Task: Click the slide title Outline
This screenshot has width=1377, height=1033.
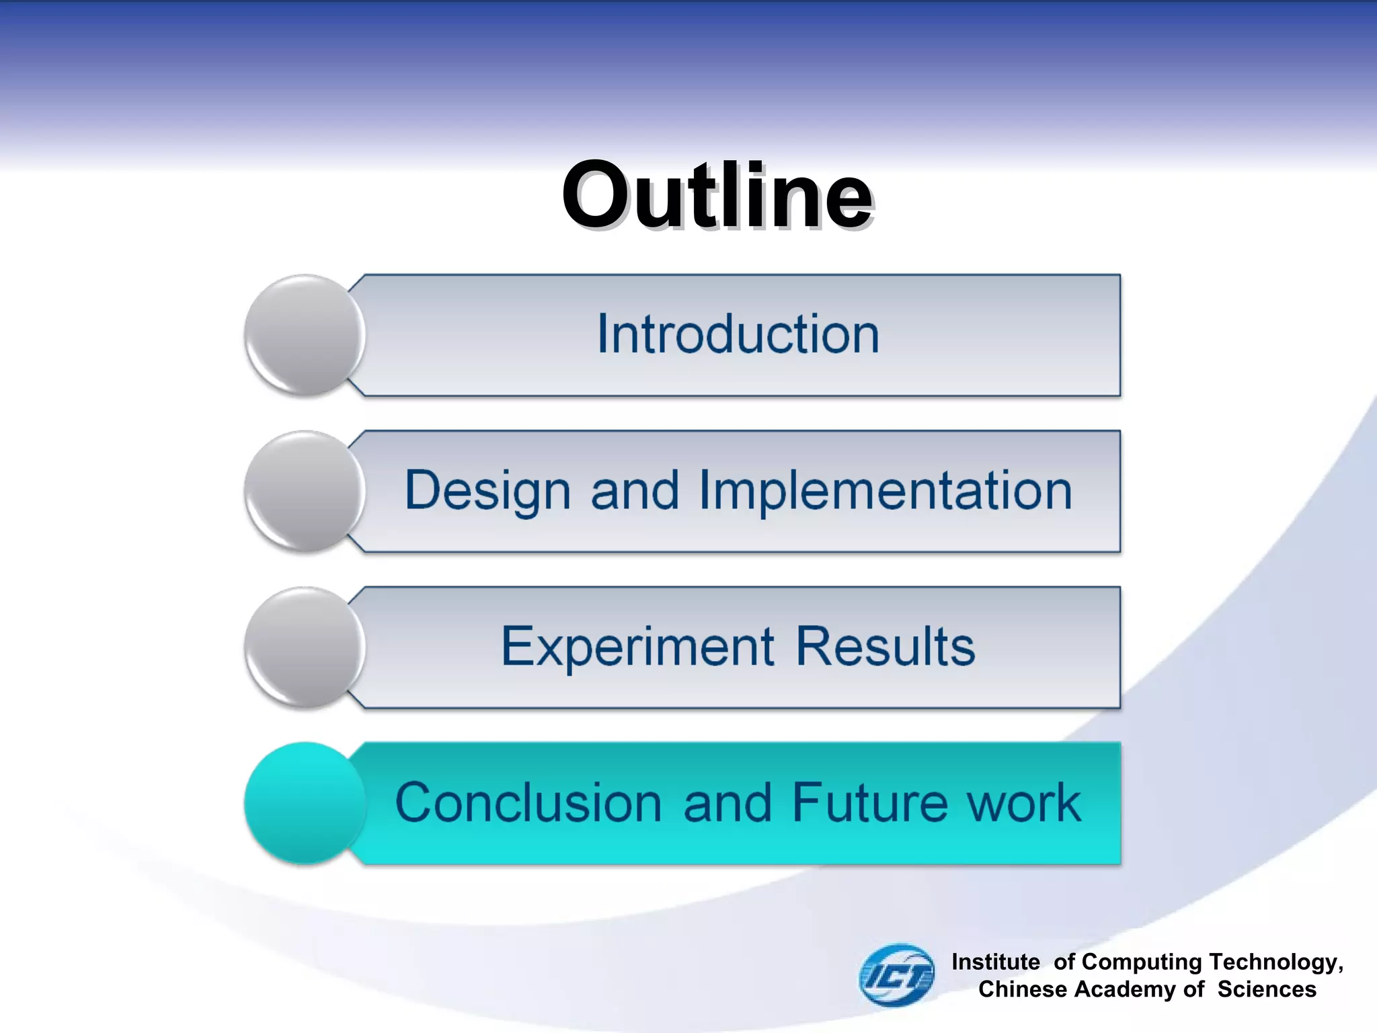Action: [x=717, y=196]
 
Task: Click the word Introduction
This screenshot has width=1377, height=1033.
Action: [x=738, y=334]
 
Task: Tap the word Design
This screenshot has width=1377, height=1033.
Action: [x=488, y=492]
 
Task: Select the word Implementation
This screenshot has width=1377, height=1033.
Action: [x=886, y=492]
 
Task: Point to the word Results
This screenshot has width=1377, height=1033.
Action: [x=885, y=647]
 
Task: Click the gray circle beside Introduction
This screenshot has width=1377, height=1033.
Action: [x=305, y=335]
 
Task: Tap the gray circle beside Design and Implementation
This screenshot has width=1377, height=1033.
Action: [x=305, y=492]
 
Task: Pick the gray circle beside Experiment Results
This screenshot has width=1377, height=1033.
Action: [x=305, y=647]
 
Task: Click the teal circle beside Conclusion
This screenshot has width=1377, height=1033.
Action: [x=305, y=803]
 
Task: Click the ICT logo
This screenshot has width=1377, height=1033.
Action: [x=897, y=975]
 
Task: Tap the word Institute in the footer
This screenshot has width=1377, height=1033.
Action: [x=996, y=962]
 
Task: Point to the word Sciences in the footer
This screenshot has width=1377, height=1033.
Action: [x=1267, y=989]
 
